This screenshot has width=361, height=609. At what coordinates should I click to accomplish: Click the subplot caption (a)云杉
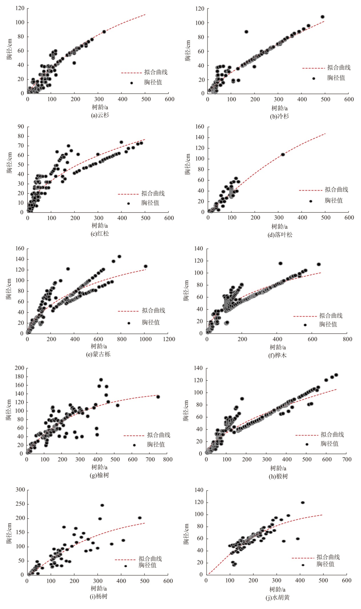100,115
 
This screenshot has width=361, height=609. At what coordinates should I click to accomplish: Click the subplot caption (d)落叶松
280,235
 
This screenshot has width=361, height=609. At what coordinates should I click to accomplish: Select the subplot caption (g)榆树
99,475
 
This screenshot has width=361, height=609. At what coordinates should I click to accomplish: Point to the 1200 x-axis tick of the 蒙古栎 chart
169,339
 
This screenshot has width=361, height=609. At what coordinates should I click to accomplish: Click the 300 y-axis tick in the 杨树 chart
20,490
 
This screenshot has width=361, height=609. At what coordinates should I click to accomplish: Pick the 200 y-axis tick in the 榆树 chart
19,368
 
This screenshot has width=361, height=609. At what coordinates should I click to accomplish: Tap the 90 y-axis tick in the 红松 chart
21,127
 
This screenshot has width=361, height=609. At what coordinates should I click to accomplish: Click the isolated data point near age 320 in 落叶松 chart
283,154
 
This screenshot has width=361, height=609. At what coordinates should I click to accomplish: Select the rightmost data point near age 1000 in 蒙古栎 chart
145,266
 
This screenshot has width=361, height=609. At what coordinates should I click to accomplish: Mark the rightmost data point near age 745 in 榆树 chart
158,397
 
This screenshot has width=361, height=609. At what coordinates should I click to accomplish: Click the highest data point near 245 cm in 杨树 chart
102,505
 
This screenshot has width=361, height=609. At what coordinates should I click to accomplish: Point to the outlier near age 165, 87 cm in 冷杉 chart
246,32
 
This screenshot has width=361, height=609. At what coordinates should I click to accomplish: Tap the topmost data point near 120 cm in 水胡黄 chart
303,503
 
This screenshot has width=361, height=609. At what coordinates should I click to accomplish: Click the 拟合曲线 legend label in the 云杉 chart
156,72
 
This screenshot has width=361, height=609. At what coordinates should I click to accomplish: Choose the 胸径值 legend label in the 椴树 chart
329,444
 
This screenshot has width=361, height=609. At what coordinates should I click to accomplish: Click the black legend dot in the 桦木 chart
305,325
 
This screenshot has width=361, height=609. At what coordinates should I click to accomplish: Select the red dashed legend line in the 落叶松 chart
310,190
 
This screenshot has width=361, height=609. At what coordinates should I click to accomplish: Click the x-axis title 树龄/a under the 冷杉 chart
279,108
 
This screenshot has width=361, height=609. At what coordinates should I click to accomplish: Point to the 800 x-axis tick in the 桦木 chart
347,339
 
